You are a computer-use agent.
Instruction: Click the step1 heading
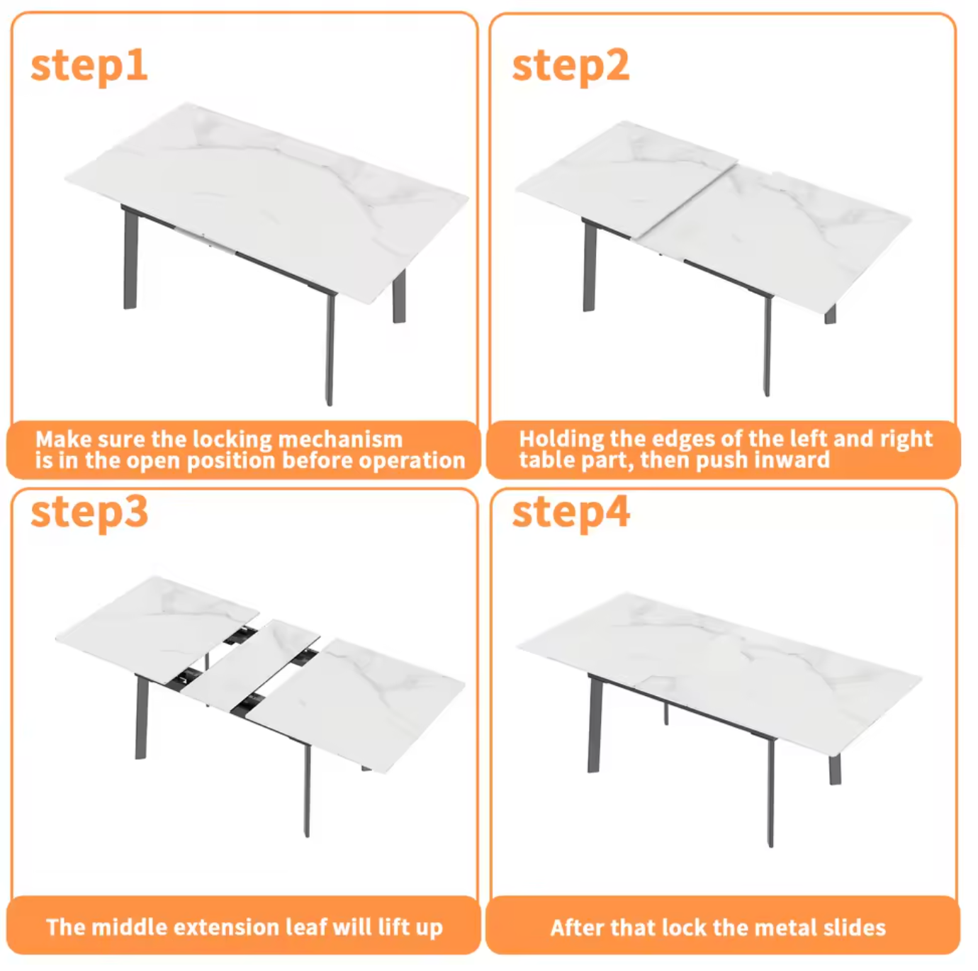(89, 65)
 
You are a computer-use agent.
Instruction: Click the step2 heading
(570, 65)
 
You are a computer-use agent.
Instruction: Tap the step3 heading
(89, 512)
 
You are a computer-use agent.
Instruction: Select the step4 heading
(570, 512)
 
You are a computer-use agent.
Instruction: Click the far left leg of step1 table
(130, 262)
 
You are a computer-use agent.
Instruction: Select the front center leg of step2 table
(767, 347)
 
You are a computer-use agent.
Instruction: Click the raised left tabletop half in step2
(624, 177)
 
